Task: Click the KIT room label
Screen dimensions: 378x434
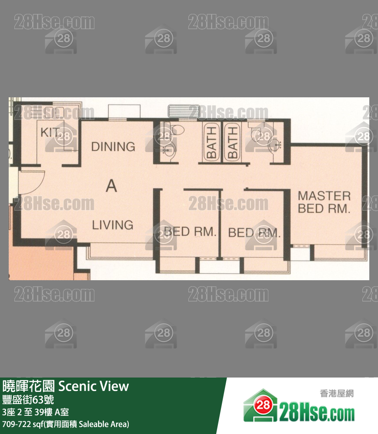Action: click(50, 133)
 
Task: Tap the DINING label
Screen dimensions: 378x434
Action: click(113, 146)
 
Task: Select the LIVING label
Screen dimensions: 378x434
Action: click(113, 225)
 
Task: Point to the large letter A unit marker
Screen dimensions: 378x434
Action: click(111, 186)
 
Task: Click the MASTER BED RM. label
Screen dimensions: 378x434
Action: click(324, 202)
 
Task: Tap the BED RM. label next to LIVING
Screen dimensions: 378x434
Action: click(190, 232)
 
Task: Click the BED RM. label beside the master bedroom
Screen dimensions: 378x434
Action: click(254, 233)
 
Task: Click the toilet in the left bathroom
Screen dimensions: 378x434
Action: click(176, 129)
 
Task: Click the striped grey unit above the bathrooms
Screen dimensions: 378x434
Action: click(184, 111)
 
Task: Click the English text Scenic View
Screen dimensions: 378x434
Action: click(94, 386)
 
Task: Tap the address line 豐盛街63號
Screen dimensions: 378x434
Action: click(28, 400)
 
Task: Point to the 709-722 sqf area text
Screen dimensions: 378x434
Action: click(66, 424)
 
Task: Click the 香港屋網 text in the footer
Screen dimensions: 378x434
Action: click(337, 393)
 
